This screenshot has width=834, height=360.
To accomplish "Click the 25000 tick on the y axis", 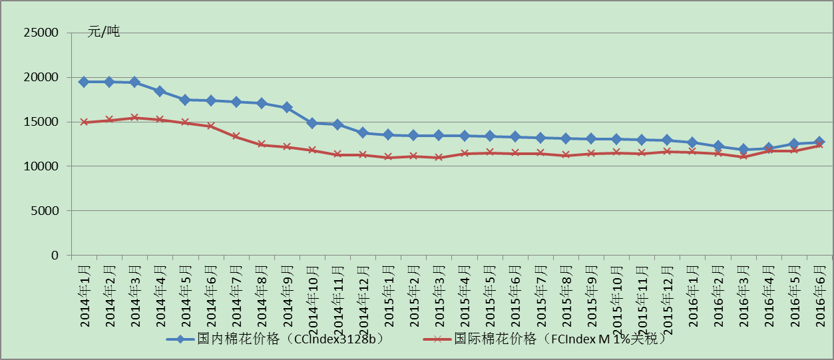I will tap(41, 33).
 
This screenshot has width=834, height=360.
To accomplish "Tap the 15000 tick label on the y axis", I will tap(41, 122).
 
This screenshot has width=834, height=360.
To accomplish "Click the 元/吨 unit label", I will tap(104, 31).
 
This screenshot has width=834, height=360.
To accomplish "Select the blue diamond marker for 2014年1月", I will tap(84, 82).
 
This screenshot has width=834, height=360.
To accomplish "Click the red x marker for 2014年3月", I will tap(134, 118).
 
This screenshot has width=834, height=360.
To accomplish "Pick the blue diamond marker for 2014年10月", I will tap(312, 123).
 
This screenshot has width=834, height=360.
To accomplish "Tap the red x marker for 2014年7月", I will tap(236, 136).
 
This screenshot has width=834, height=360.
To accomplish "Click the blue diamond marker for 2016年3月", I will tap(743, 150).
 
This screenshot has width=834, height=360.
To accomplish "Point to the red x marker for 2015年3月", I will tap(439, 157).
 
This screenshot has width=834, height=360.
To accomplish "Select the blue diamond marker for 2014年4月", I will tap(160, 91).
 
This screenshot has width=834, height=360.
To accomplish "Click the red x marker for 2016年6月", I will tap(819, 145).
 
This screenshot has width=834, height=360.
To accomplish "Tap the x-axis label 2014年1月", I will tap(85, 293).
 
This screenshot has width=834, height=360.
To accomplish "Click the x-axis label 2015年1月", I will tap(389, 293).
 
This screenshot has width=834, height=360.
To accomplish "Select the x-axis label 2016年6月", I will tap(820, 293).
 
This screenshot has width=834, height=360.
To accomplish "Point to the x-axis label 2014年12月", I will tap(363, 297).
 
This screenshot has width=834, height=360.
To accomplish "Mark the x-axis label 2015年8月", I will tap(566, 293).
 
